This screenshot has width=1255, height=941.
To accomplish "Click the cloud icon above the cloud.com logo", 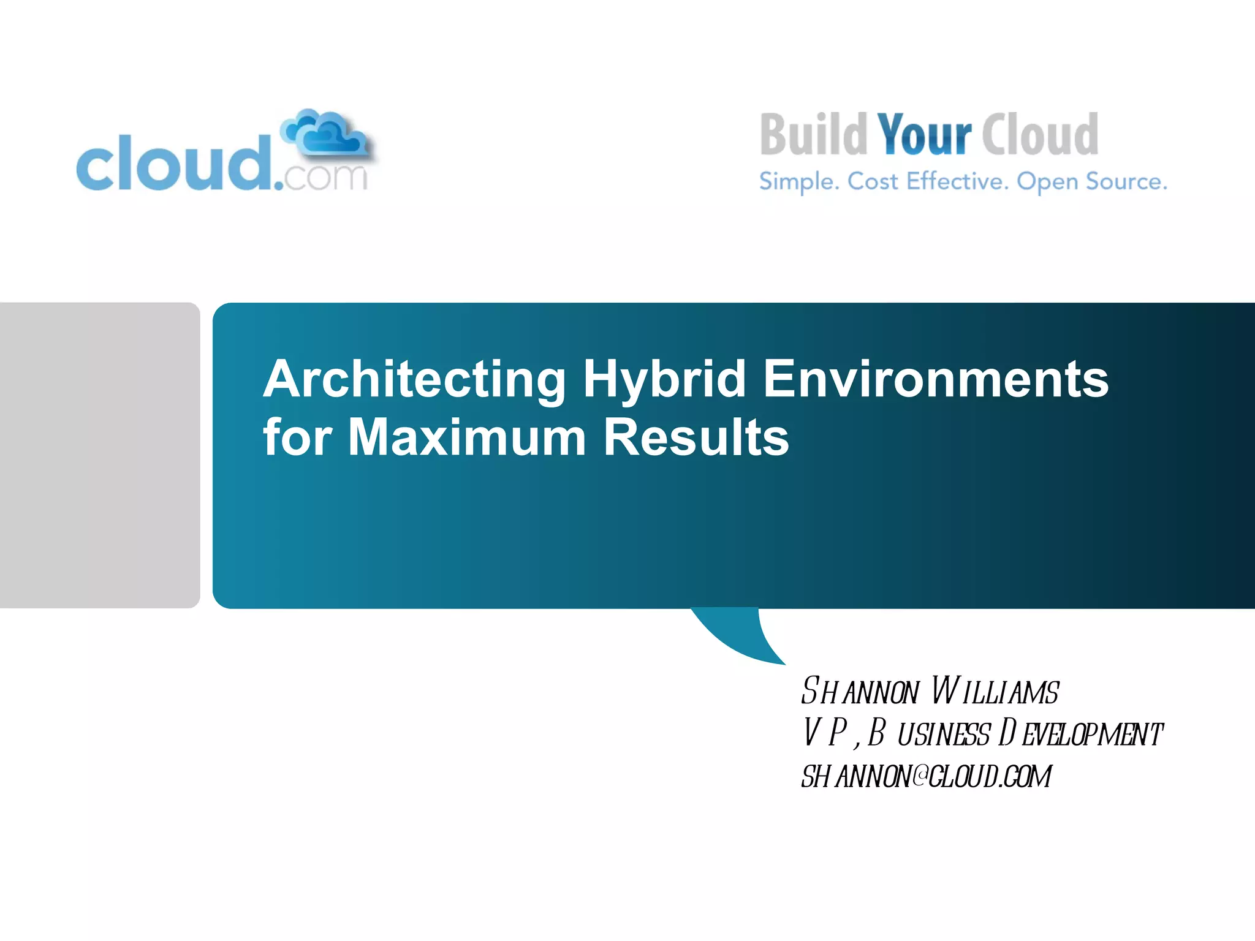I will point(325,134).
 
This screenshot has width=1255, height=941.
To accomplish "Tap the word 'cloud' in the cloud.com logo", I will point(174,164).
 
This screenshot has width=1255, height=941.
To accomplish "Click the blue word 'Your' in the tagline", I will point(924,135).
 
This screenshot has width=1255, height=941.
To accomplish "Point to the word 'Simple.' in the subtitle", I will point(799,181).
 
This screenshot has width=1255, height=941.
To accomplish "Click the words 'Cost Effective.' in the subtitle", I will point(928,181).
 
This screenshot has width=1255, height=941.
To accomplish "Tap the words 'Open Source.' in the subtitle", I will point(1092,181).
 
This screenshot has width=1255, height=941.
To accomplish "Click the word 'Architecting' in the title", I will point(414,380).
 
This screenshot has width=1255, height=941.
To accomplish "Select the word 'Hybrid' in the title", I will point(664,380).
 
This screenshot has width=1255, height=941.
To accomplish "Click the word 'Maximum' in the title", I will point(467,437).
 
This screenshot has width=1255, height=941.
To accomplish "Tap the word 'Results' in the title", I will point(696,437).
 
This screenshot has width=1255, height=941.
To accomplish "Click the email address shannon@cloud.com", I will point(926,776).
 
